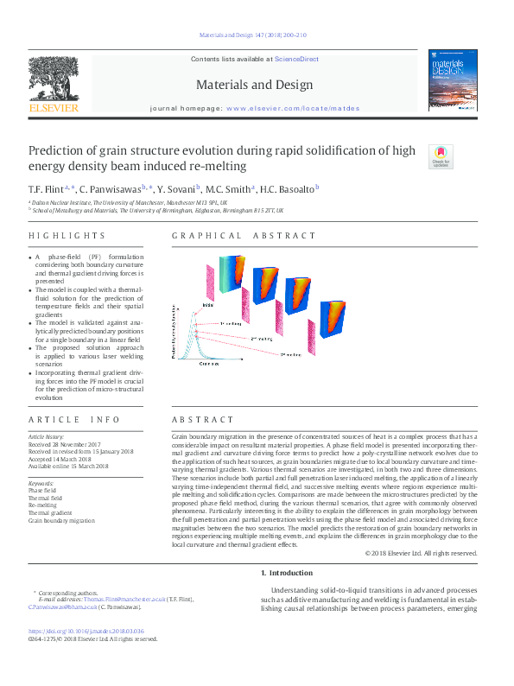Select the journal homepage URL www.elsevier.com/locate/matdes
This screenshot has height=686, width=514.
tap(292, 108)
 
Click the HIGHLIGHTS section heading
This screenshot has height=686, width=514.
tap(67, 236)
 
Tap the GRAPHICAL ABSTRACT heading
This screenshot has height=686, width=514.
tap(244, 236)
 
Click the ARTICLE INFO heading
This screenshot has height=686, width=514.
tap(75, 419)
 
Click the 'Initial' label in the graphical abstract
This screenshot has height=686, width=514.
tap(208, 305)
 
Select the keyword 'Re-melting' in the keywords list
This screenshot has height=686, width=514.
tap(43, 505)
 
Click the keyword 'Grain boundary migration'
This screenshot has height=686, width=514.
tap(61, 521)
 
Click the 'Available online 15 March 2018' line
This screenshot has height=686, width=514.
tap(68, 467)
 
